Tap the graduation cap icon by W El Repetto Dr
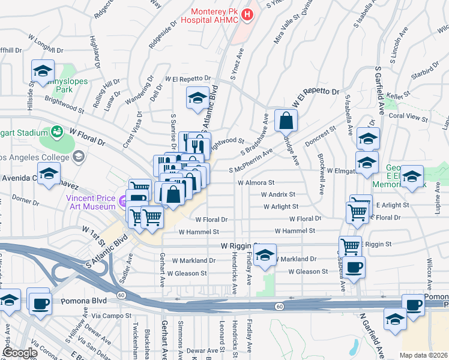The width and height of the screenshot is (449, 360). pos(197,98)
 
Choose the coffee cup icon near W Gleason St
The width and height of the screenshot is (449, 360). pos(354,268)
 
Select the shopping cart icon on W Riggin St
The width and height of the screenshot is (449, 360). pos(350,246)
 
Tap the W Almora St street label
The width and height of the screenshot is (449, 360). pos(256,182)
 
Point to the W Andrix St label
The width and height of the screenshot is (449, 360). pos(278,194)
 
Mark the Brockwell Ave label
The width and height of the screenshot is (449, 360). pos(322,181)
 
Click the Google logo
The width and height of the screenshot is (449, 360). pos(20,353)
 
